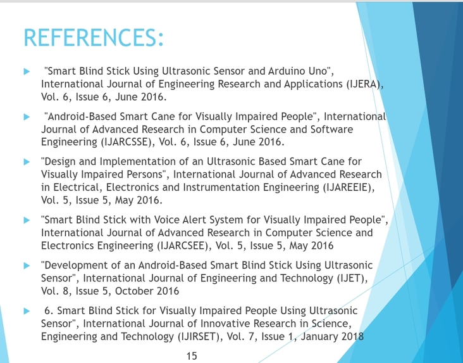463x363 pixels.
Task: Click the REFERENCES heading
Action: (x=94, y=37)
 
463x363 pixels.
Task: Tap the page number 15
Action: (x=192, y=356)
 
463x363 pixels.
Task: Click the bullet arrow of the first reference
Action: (x=27, y=71)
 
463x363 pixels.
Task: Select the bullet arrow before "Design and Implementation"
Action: (x=27, y=162)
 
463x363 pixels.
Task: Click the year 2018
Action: (x=352, y=336)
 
